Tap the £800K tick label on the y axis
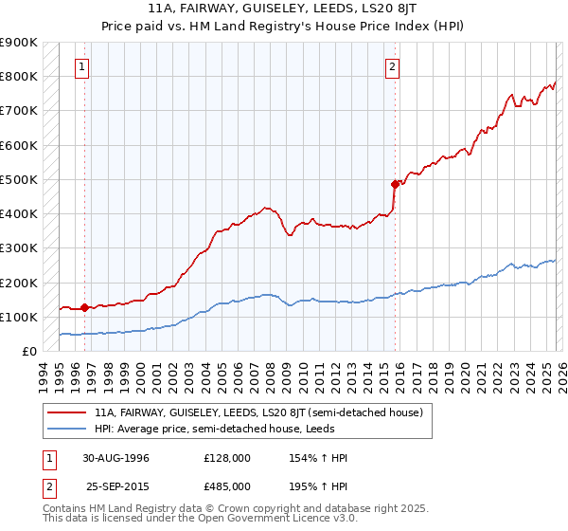click(19, 77)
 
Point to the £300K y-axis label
click(19, 248)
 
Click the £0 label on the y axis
click(30, 352)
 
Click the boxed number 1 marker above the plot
click(84, 67)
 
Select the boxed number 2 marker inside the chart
click(392, 67)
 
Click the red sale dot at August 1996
click(85, 307)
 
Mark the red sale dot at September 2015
click(394, 184)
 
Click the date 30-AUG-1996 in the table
click(115, 458)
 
